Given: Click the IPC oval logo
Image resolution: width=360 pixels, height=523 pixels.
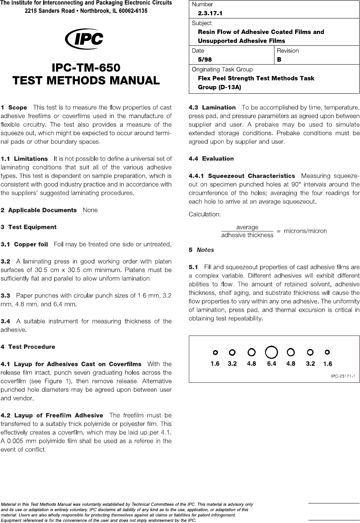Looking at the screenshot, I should click(84, 39).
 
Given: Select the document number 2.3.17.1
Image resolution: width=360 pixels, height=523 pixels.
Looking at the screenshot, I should click(210, 13).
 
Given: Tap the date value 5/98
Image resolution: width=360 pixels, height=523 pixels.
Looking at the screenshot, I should click(205, 59).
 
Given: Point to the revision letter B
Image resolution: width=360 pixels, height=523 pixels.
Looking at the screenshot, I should click(279, 59).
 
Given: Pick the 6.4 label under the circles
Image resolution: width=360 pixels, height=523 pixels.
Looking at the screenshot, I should click(271, 364).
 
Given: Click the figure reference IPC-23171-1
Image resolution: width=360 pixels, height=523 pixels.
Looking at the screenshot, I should click(343, 376).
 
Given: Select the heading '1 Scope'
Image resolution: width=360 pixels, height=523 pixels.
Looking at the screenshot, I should click(14, 108).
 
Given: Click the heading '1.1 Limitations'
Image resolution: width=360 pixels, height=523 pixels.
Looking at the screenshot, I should click(24, 159).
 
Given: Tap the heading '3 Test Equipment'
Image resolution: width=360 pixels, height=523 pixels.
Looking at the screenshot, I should click(28, 227).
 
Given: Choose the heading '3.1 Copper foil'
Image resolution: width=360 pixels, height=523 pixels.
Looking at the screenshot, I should click(24, 244).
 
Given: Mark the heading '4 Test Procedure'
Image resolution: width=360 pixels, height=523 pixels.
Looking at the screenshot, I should click(28, 347).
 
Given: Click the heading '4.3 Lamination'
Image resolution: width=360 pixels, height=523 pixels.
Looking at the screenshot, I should click(212, 108).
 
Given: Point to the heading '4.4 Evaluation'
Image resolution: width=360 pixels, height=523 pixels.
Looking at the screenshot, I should click(211, 159).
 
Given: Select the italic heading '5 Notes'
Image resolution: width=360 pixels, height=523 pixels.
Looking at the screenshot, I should click(201, 250).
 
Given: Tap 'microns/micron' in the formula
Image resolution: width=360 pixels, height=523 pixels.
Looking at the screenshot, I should click(305, 231).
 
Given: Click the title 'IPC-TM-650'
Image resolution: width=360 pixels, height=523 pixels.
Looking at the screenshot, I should click(86, 68).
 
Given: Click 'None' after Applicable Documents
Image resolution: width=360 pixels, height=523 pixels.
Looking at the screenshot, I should click(90, 210).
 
